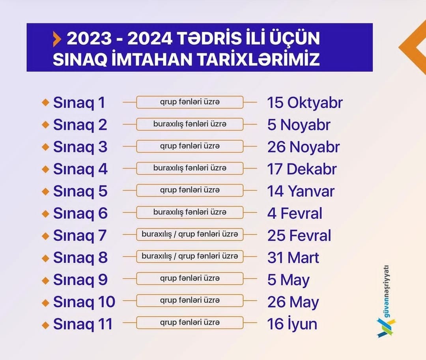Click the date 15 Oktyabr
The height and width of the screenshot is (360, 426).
click(305, 103)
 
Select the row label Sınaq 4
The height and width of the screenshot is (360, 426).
click(80, 169)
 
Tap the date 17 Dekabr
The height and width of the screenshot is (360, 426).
click(302, 169)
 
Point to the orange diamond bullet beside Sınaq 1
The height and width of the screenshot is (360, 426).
click(45, 103)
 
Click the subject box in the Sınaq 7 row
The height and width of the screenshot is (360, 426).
click(190, 234)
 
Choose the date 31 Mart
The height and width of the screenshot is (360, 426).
click(293, 257)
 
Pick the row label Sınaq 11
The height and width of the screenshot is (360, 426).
click(83, 324)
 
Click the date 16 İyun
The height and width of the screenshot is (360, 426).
click(292, 323)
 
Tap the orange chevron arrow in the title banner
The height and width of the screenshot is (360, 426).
click(57, 39)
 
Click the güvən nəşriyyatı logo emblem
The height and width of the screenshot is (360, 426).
click(386, 327)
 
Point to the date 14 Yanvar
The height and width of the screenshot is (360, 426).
click(301, 191)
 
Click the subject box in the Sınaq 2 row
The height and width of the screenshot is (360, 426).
click(190, 124)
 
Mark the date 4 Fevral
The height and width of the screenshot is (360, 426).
click(295, 213)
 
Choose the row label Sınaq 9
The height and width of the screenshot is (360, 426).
click(80, 279)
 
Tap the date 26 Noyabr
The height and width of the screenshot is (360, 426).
click(303, 147)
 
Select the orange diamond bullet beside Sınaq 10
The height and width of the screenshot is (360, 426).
click(45, 302)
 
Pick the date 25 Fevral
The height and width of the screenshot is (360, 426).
click(299, 236)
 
